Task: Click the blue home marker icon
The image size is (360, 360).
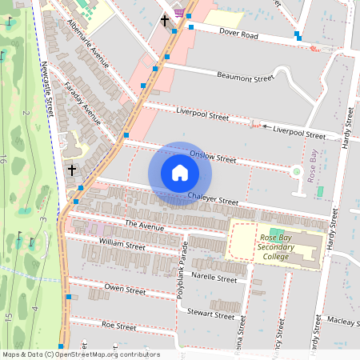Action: point(180,173)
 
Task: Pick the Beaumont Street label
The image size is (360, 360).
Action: point(246,78)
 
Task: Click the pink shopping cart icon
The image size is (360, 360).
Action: point(179,12)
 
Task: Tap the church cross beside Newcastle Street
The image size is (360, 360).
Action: point(72,170)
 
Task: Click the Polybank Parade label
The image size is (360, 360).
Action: point(182,270)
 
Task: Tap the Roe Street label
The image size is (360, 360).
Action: point(120,326)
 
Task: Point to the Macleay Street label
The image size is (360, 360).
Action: point(342,322)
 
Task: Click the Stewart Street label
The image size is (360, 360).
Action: point(212,314)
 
